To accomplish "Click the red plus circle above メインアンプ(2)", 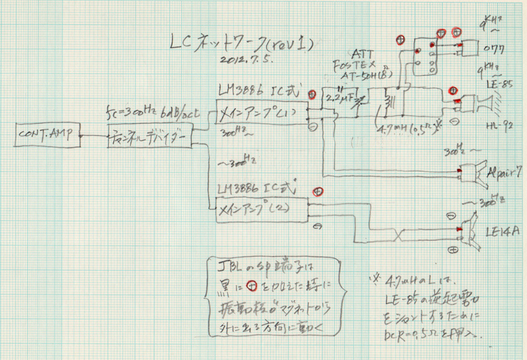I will [x=318, y=191].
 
